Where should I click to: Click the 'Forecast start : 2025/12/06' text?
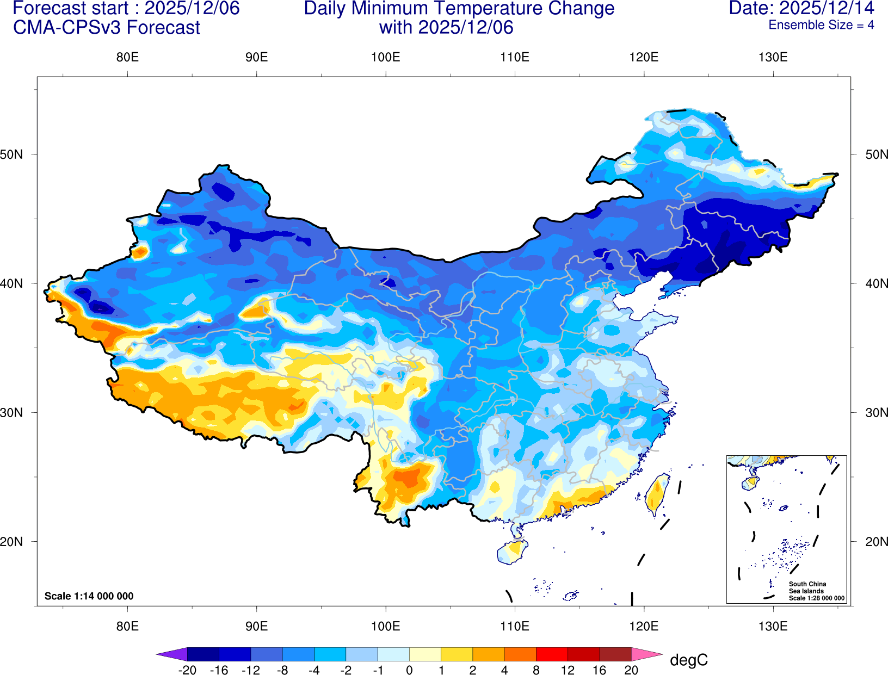point(126,8)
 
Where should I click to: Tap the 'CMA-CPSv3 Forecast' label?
point(107,28)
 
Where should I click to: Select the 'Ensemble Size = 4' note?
point(821,25)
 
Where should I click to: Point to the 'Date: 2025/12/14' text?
point(801,8)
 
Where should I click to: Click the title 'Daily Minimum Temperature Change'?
point(459,8)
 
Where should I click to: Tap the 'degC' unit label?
point(688,660)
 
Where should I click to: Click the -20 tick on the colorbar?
point(187,670)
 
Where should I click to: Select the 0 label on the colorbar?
point(409,670)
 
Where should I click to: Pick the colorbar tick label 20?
point(631,670)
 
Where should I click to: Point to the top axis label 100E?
point(385,58)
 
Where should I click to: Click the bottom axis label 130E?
point(773,626)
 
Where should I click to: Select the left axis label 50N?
point(11,154)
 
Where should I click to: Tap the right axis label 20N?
point(876,542)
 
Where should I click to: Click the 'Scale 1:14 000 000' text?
point(89,596)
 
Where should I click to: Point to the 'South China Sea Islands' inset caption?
point(807,587)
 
